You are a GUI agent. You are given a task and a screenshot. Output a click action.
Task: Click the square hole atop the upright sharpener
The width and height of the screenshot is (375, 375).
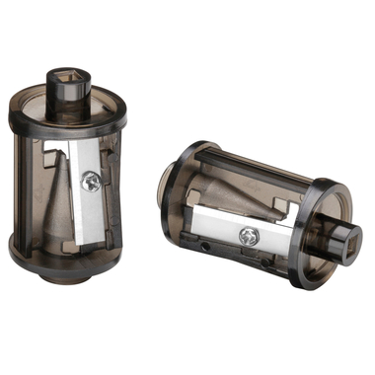coord(68,78)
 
